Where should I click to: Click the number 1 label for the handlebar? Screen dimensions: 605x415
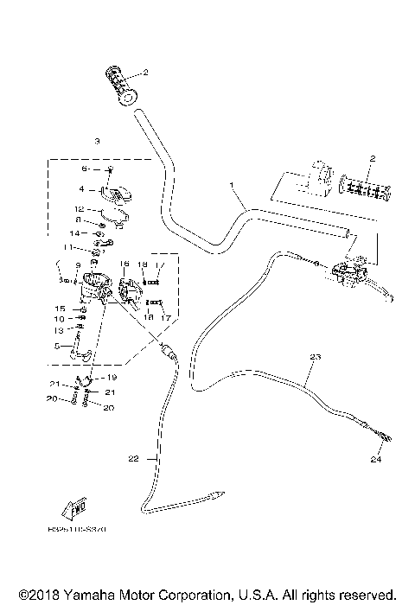coord(232,185)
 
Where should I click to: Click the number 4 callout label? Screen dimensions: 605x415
coord(81,188)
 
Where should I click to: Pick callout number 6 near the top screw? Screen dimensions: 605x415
coord(85,170)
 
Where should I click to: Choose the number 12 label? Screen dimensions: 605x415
coord(77,209)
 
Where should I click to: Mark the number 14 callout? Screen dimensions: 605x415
coord(74,233)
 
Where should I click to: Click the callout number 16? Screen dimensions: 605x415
coord(124,264)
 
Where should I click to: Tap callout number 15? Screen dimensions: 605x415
coord(61,309)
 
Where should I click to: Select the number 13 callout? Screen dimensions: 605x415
coord(57,329)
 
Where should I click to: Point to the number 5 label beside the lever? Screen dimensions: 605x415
coord(57,347)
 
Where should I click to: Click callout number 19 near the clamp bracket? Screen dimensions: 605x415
coord(111,378)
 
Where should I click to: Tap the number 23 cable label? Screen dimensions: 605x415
coord(314,357)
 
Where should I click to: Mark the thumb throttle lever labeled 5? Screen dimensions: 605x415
coord(80,348)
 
